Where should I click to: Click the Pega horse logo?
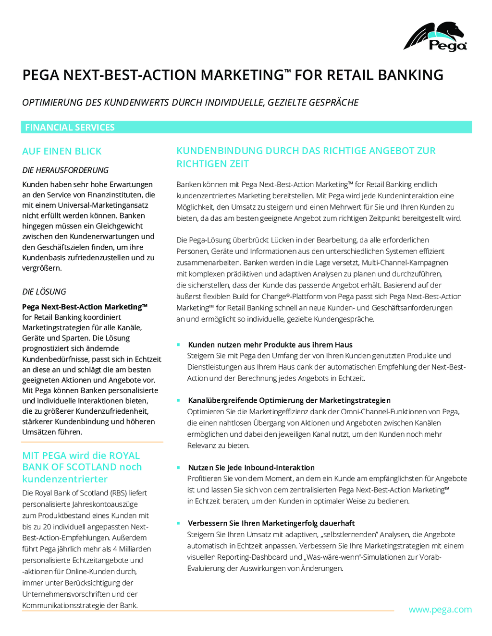pos(435,36)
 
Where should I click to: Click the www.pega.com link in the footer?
pos(440,610)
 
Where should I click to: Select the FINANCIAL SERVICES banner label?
pos(70,127)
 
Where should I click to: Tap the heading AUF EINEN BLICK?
pos(62,151)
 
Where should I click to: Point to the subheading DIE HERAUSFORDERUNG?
pos(65,170)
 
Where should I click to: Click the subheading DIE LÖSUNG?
pos(44,292)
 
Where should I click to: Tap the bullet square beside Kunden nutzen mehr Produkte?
pos(178,345)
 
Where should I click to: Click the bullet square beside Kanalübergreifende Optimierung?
pos(178,400)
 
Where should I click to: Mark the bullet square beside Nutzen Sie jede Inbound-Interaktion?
pos(178,468)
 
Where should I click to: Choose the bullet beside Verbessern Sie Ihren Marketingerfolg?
pos(178,523)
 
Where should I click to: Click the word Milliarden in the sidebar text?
pos(135,549)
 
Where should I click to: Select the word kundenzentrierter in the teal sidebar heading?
pos(65,479)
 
